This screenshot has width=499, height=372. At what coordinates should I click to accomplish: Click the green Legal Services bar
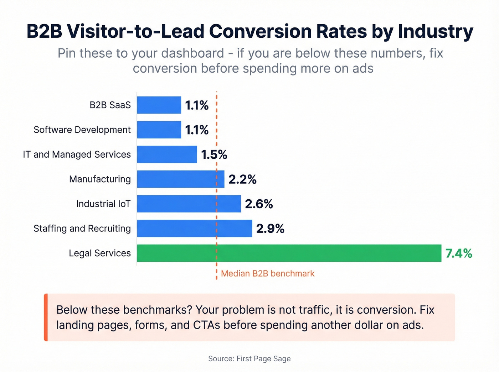pos(289,253)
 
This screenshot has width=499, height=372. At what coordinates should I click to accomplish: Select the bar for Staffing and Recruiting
pos(194,229)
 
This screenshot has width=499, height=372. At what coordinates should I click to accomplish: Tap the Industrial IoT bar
pos(189,204)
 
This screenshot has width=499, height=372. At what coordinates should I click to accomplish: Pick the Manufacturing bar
pos(180,179)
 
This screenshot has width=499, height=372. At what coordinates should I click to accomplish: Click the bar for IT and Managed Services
pos(167,154)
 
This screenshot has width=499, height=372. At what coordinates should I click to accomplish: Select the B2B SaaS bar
pos(159,105)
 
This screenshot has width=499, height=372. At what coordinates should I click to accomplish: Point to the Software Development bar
pos(159,130)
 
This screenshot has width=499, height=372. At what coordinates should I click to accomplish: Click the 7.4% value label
pos(459,253)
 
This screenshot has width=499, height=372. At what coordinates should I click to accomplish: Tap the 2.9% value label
pos(270,229)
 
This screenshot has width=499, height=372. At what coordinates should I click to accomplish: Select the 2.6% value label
pos(259,204)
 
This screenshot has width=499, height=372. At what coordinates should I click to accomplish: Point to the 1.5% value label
pos(214,154)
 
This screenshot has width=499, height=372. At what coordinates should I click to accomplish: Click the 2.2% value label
pos(242,179)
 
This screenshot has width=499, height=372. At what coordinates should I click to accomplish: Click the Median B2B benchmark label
pos(268,273)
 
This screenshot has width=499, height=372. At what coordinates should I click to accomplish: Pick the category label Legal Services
pos(100,253)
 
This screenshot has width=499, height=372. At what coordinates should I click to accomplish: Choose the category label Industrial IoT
pos(103,204)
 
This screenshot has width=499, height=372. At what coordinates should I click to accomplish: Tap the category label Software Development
pos(82,130)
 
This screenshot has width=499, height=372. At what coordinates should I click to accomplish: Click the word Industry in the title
pos(436,31)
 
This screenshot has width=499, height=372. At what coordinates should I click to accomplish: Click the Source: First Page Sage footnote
pos(249,358)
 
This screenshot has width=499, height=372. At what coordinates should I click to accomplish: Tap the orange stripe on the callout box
pos(46,317)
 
